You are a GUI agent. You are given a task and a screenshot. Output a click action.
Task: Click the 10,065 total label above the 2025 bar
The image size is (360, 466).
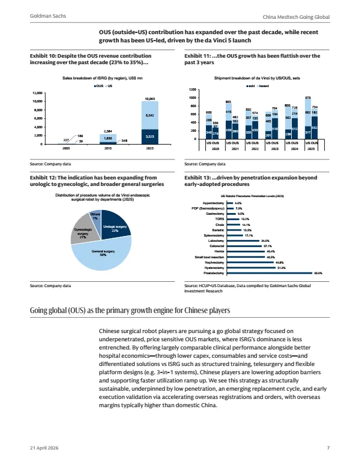click(150, 98)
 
